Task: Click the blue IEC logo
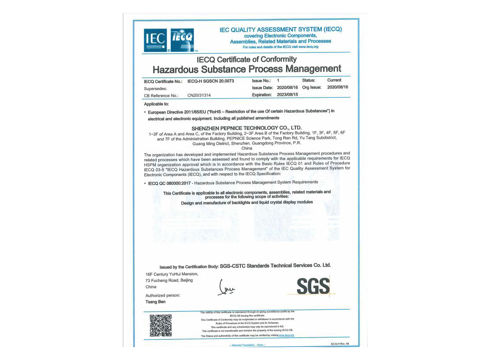click(155, 40)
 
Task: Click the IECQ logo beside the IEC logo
click(182, 40)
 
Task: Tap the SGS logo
click(313, 286)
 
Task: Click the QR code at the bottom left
click(161, 325)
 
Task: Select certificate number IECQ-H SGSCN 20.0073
click(211, 81)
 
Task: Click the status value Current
click(334, 80)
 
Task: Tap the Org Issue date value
click(338, 87)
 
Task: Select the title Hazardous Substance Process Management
click(247, 69)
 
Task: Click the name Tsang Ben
click(155, 302)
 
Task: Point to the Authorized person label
click(163, 295)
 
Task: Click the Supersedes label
click(155, 89)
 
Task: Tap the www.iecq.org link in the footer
click(286, 336)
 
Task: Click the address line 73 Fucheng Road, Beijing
click(169, 280)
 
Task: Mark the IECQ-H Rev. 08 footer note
click(340, 344)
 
